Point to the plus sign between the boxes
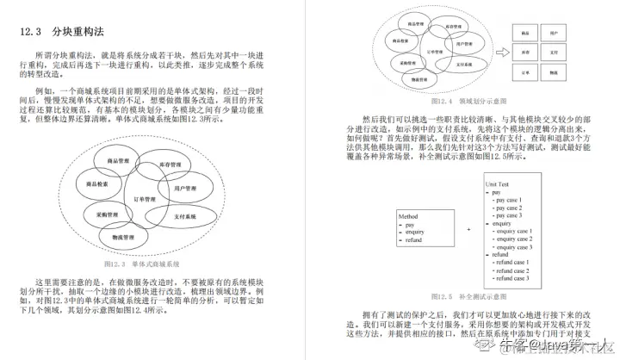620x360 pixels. [x=468, y=229]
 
